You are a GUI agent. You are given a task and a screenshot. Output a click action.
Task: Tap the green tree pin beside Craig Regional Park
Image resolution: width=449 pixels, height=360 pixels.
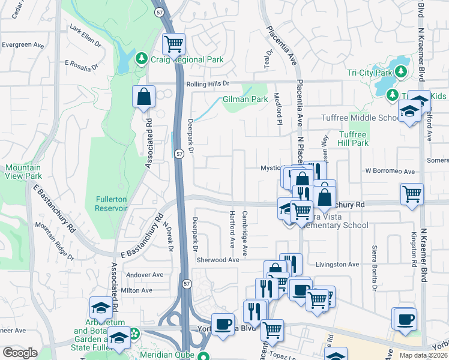(x=141, y=59)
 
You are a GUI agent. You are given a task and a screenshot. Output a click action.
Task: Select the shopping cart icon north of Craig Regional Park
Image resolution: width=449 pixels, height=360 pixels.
(x=173, y=43)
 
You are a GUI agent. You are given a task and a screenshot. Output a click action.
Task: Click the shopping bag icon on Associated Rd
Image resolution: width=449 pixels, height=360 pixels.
(x=144, y=97)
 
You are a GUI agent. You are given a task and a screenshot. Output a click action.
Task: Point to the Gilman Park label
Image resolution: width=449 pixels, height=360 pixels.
(x=245, y=99)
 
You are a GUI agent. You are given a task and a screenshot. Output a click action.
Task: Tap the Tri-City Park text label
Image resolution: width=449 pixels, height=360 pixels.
(x=369, y=73)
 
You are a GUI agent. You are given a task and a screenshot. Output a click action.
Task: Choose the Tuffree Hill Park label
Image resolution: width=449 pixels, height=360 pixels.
(x=353, y=139)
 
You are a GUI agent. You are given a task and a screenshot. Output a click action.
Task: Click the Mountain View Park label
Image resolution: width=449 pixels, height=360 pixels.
(x=23, y=172)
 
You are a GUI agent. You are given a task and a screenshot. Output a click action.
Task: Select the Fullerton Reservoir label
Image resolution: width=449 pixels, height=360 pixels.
(x=111, y=203)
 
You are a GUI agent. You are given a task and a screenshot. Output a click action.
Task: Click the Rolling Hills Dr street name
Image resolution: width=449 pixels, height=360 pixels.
(x=208, y=84)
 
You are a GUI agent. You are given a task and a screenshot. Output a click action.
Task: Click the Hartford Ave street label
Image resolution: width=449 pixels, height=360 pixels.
(x=232, y=229)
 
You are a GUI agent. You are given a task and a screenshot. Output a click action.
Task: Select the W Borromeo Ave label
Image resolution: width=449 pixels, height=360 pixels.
(x=391, y=171)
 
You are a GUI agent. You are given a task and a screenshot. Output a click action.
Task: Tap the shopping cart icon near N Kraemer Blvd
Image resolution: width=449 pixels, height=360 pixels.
(x=412, y=193)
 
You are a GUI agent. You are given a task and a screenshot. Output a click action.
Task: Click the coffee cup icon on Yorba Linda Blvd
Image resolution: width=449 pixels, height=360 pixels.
(x=223, y=324)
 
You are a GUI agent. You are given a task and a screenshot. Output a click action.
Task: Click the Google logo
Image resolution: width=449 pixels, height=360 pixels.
(x=20, y=353)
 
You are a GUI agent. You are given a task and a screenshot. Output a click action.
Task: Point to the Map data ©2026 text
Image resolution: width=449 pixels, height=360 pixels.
(x=423, y=355)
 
